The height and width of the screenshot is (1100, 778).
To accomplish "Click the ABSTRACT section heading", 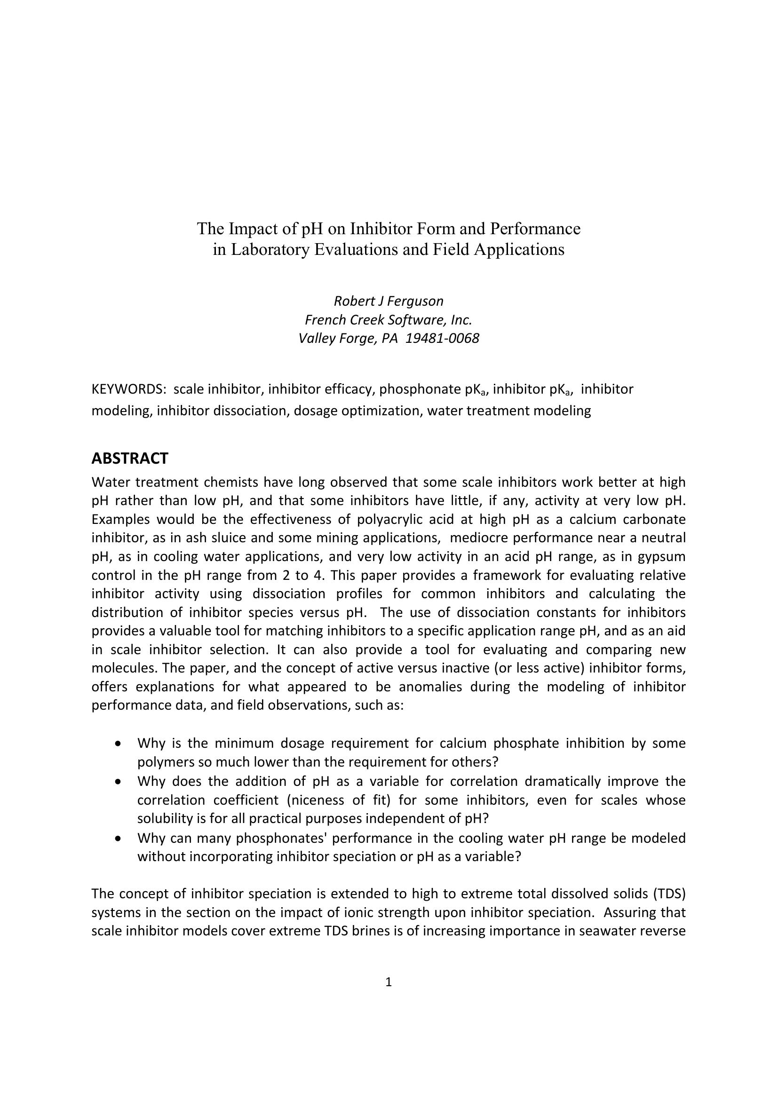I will pos(130,459).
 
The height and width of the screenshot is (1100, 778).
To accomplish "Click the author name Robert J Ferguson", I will pos(389,301).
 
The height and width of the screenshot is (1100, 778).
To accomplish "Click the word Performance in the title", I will pos(535,229).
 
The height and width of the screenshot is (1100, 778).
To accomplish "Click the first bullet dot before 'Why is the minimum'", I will pos(119,744).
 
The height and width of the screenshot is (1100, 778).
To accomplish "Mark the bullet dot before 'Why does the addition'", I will pos(119,782).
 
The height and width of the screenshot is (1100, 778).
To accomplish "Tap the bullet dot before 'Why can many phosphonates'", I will pos(119,839).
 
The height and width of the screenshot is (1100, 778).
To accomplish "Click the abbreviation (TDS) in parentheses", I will pos(668,894).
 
